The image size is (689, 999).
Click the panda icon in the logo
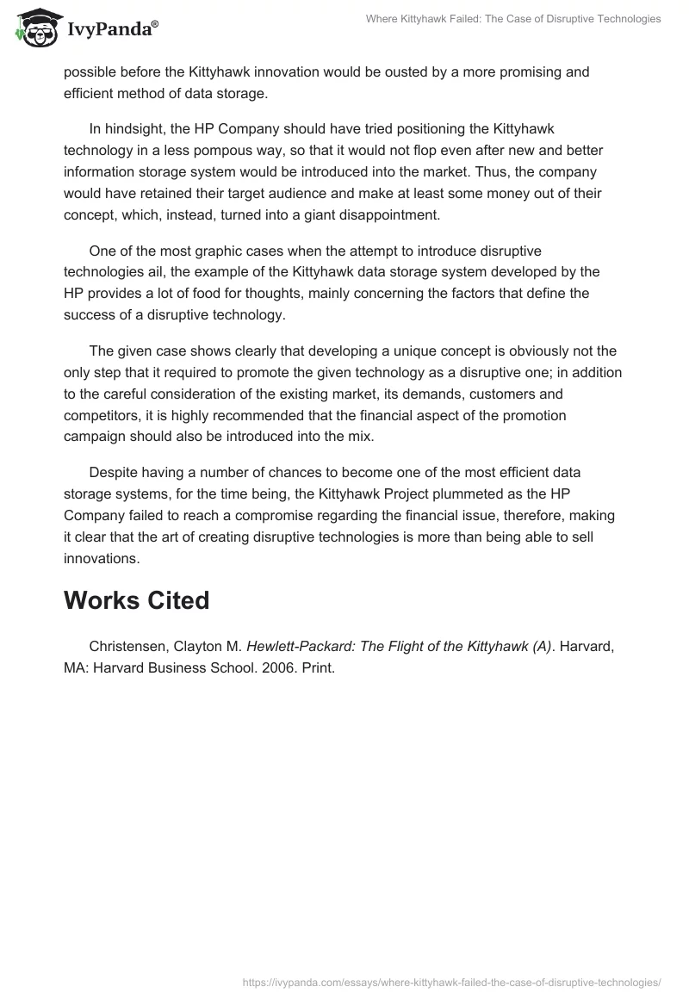click(35, 29)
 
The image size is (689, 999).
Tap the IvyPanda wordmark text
click(112, 30)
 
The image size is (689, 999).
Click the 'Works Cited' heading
click(136, 599)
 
